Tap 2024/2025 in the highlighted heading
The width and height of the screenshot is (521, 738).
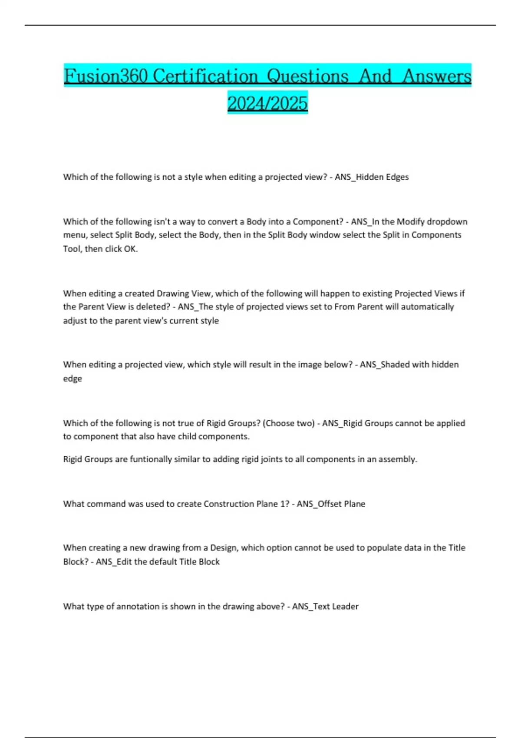[267, 103]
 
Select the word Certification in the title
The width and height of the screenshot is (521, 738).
[205, 76]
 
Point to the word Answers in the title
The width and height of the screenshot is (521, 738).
[437, 76]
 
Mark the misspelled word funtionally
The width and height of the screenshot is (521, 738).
[151, 459]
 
